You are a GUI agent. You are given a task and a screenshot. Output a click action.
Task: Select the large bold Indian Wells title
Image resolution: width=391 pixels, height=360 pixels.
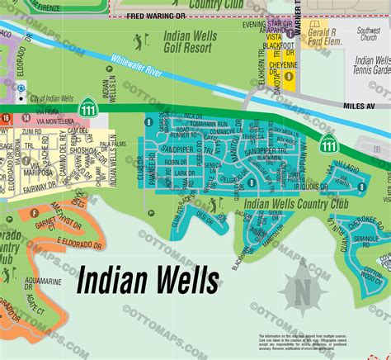pyautogui.click(x=148, y=281)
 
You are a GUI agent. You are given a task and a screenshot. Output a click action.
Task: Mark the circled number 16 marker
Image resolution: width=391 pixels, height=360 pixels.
pyautogui.click(x=6, y=119)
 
